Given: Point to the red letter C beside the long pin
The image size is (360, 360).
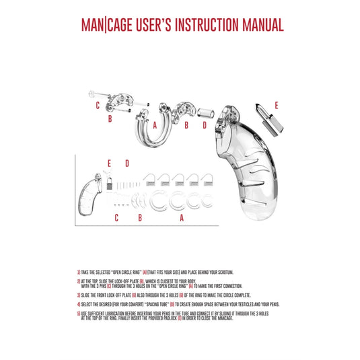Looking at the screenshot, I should pyautogui.click(x=98, y=105).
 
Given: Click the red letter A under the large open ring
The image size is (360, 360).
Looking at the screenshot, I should pyautogui.click(x=154, y=125).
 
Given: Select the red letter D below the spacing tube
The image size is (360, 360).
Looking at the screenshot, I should pyautogui.click(x=205, y=125).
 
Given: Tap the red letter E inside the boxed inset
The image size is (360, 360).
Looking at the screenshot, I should pyautogui.click(x=108, y=164).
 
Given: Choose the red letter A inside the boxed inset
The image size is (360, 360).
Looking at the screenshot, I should pyautogui.click(x=182, y=217).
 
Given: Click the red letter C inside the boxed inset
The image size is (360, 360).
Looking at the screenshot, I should pyautogui.click(x=116, y=217).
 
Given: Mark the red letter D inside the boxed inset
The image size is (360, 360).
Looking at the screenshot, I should pyautogui.click(x=126, y=164).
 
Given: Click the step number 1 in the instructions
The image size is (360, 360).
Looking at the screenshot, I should pyautogui.click(x=79, y=272).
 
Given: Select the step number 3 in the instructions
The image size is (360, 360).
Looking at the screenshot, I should pyautogui.click(x=79, y=295).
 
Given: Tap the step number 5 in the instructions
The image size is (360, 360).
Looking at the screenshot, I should pyautogui.click(x=79, y=313).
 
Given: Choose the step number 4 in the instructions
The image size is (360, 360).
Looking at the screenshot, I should pyautogui.click(x=79, y=304).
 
